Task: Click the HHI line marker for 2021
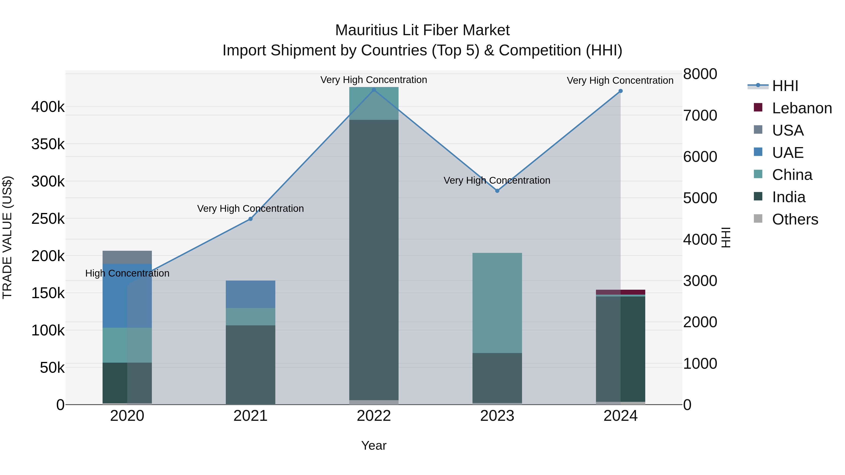[x=251, y=219]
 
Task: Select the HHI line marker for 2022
[x=374, y=90]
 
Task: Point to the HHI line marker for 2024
[x=620, y=91]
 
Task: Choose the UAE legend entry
[x=787, y=153]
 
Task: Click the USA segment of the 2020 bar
[x=127, y=257]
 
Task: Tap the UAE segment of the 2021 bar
[x=251, y=294]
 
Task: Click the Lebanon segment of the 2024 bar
[x=620, y=292]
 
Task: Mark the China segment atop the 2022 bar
[x=374, y=103]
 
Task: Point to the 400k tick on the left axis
[x=48, y=107]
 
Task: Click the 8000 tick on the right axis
[x=700, y=74]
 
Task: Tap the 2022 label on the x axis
[x=374, y=416]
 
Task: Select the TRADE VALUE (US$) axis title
[x=7, y=237]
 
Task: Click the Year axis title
[x=374, y=445]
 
